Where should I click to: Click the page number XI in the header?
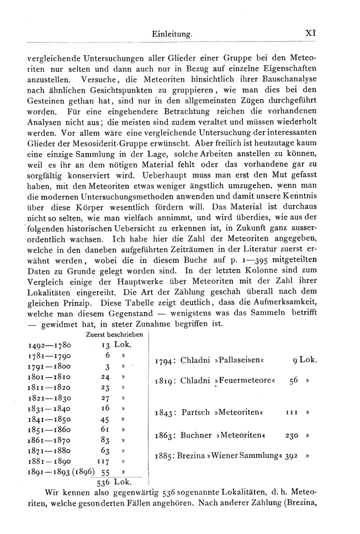[x=310, y=34]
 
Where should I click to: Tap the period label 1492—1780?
[x=49, y=345]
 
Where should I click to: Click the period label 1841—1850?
[x=49, y=420]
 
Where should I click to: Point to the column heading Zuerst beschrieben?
[x=115, y=334]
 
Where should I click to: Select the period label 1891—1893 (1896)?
[x=60, y=473]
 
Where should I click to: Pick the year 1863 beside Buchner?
[x=166, y=435]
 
